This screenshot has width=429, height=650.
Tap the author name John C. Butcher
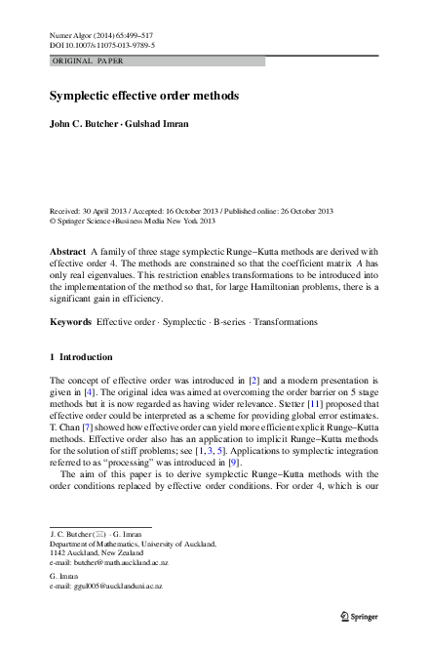click(82, 124)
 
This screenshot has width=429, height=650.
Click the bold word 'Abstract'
click(67, 252)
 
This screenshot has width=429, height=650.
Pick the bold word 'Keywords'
click(70, 321)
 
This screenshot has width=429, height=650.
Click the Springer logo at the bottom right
click(361, 617)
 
